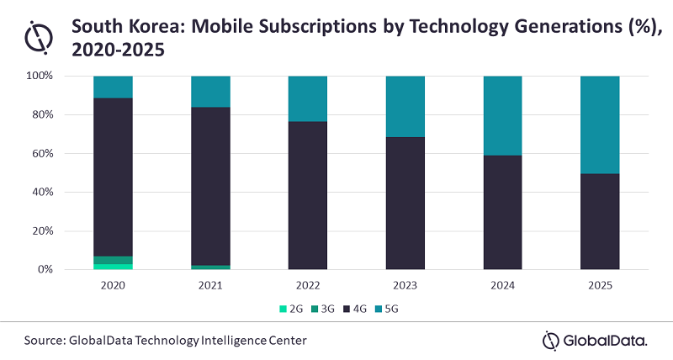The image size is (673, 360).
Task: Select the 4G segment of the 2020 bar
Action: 113,177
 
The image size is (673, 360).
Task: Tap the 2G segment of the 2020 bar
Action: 113,267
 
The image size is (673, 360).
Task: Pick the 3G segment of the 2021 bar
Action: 210,267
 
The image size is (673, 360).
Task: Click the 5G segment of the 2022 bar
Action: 308,98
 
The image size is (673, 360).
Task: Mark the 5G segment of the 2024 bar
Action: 503,115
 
